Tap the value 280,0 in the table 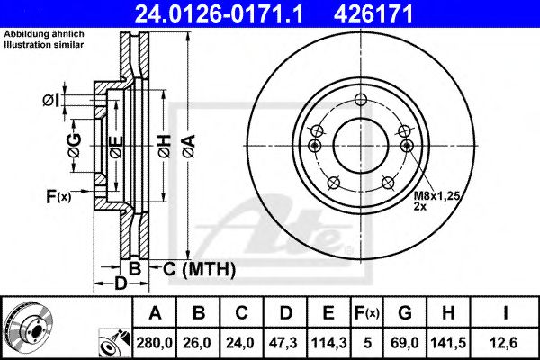coord(156,343)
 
